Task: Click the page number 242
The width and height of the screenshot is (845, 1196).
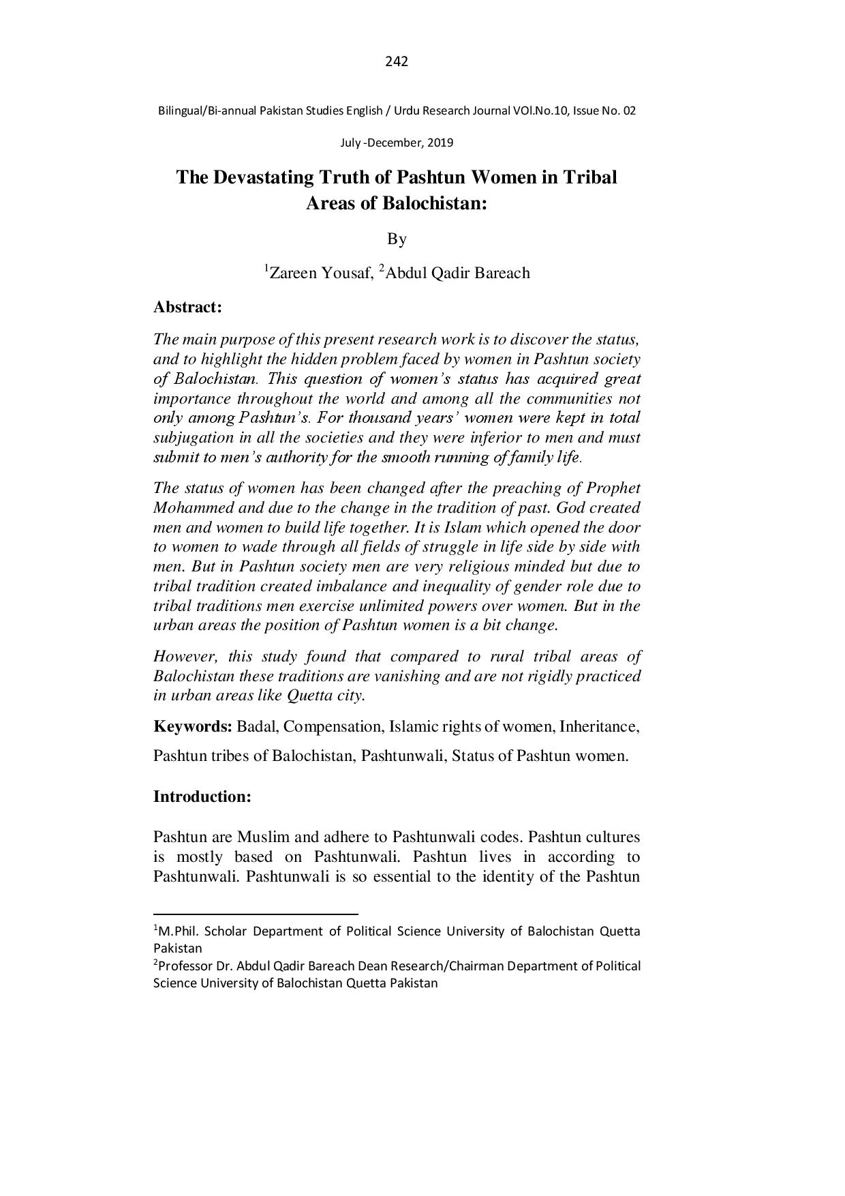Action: tap(396, 62)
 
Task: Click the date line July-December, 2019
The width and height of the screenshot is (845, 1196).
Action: tap(396, 143)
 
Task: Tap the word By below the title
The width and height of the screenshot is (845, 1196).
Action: tap(397, 239)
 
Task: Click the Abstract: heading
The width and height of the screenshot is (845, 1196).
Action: tap(187, 308)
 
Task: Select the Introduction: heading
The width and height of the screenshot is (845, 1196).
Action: tap(202, 796)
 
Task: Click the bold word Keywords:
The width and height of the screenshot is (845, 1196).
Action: tap(193, 727)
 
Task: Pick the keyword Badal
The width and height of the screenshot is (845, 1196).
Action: tap(257, 727)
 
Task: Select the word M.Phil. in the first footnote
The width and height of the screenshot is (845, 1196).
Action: tap(180, 931)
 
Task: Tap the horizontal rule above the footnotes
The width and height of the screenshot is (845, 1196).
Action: tap(256, 913)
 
